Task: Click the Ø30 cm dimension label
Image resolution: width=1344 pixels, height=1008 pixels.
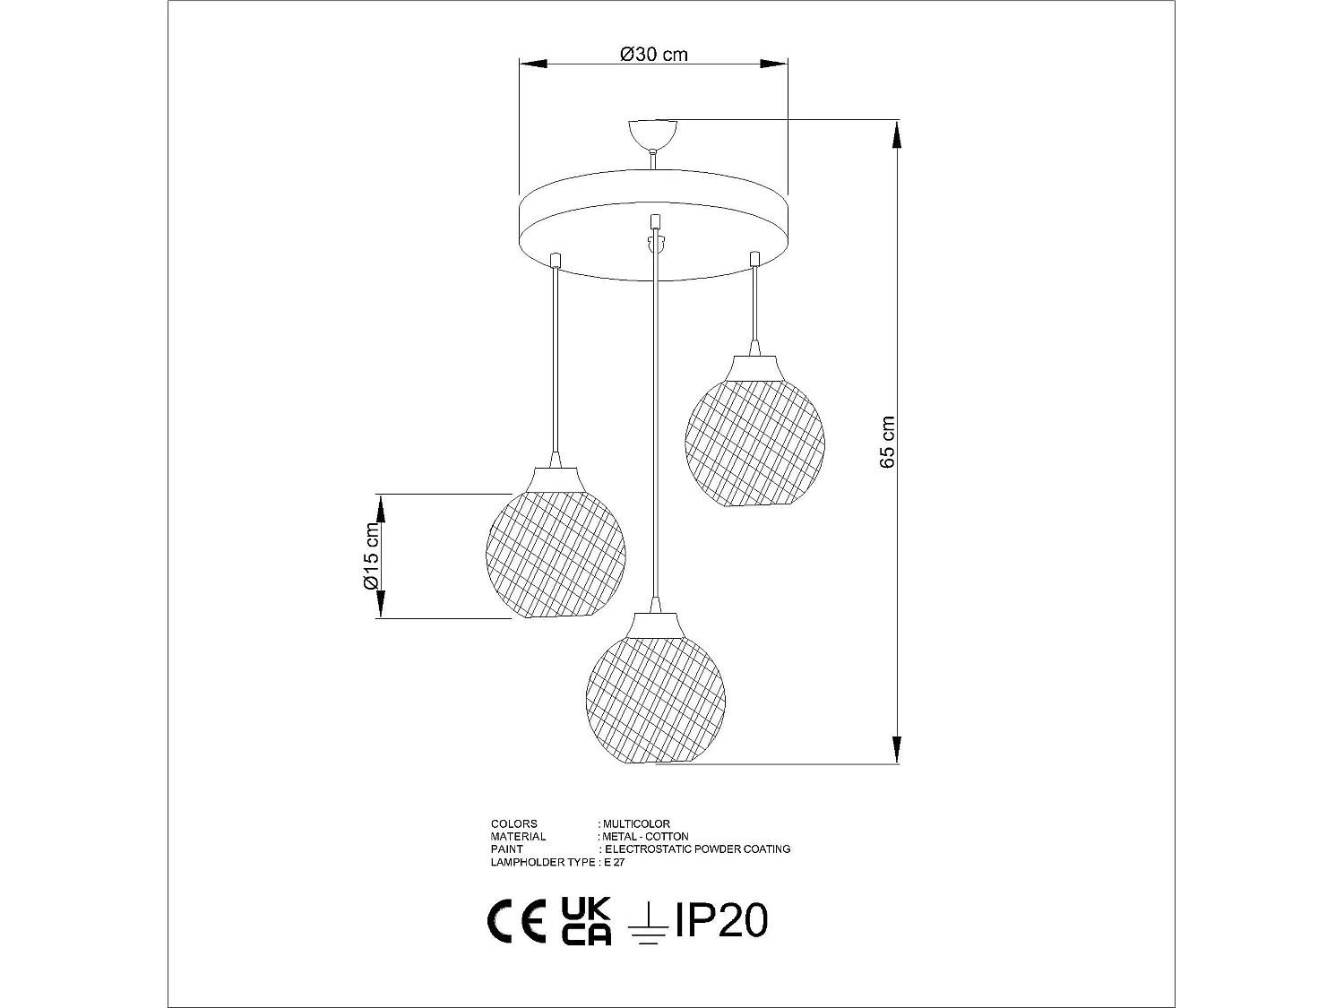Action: click(x=654, y=54)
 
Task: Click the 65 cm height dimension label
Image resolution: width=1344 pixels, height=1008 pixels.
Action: click(x=887, y=442)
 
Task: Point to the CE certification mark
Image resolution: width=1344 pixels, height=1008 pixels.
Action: click(x=516, y=921)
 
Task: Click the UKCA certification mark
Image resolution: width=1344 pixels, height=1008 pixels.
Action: click(x=586, y=921)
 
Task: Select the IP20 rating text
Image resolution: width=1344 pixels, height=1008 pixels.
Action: click(x=721, y=920)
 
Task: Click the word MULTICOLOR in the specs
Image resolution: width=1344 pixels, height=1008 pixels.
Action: click(x=636, y=824)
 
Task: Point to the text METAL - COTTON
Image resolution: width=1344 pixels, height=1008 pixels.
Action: click(x=645, y=837)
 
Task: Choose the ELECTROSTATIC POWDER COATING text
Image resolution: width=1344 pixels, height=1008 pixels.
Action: click(x=697, y=849)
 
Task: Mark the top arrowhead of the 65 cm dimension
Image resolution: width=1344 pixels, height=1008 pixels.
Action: click(x=896, y=134)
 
